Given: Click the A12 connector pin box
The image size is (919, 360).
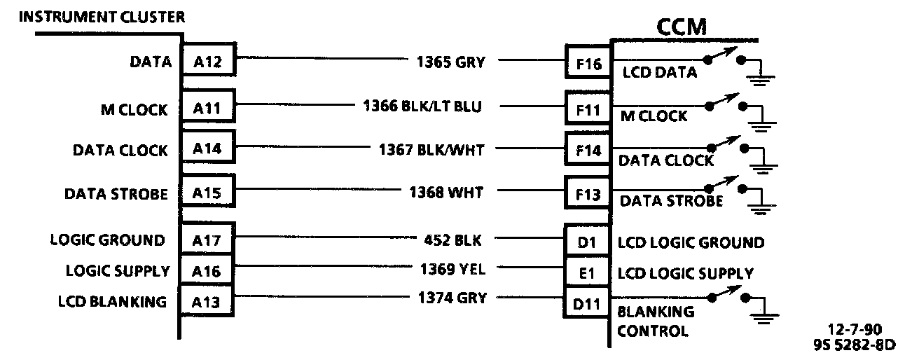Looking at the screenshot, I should tap(207, 62).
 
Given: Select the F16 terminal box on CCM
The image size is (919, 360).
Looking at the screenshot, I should tap(588, 64).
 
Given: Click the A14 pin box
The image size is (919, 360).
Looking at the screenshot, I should tap(207, 150).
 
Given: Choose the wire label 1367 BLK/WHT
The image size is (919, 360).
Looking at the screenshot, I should tap(431, 148).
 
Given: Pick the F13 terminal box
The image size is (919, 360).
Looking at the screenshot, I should tap(588, 195).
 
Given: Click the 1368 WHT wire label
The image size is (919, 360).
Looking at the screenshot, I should tap(446, 192).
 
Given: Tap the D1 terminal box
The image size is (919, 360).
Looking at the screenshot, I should tap(587, 242).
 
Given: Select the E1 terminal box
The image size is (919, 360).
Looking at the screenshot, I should tap(587, 273).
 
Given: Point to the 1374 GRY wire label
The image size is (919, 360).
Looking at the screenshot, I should tap(451, 297).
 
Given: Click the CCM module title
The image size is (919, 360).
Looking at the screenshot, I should tap(681, 27).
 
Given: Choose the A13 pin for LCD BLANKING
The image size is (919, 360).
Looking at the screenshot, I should tap(207, 302).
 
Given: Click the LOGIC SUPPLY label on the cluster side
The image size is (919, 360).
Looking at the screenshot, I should tap(118, 270).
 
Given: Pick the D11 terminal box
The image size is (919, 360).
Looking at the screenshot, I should tap(587, 305).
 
